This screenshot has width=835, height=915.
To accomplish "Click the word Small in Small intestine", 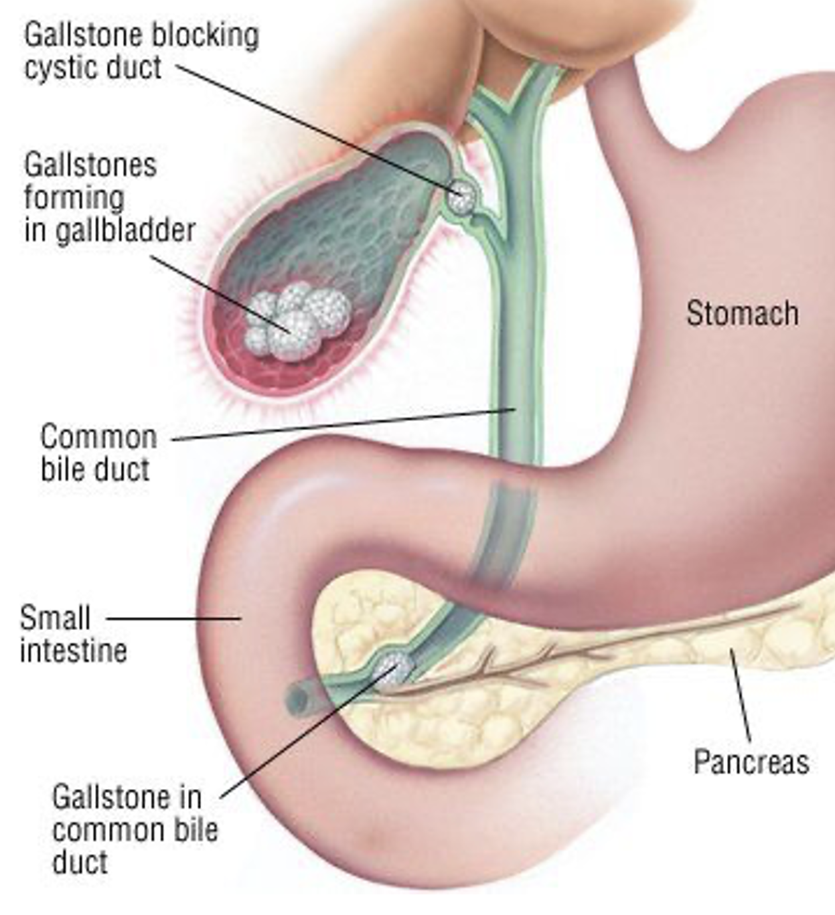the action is (55, 618).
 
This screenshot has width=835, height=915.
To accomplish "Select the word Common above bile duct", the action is (99, 436).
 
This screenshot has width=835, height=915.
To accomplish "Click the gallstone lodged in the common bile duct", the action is (393, 669).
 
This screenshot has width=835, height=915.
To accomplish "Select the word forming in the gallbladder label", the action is (74, 199).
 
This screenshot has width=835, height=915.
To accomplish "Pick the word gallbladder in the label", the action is (125, 231).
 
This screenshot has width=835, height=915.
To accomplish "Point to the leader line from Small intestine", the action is (174, 619).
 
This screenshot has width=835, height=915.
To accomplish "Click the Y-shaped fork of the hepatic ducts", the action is (511, 98).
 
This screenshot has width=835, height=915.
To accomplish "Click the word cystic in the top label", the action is (60, 69).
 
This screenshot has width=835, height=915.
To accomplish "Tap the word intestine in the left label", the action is (74, 650).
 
